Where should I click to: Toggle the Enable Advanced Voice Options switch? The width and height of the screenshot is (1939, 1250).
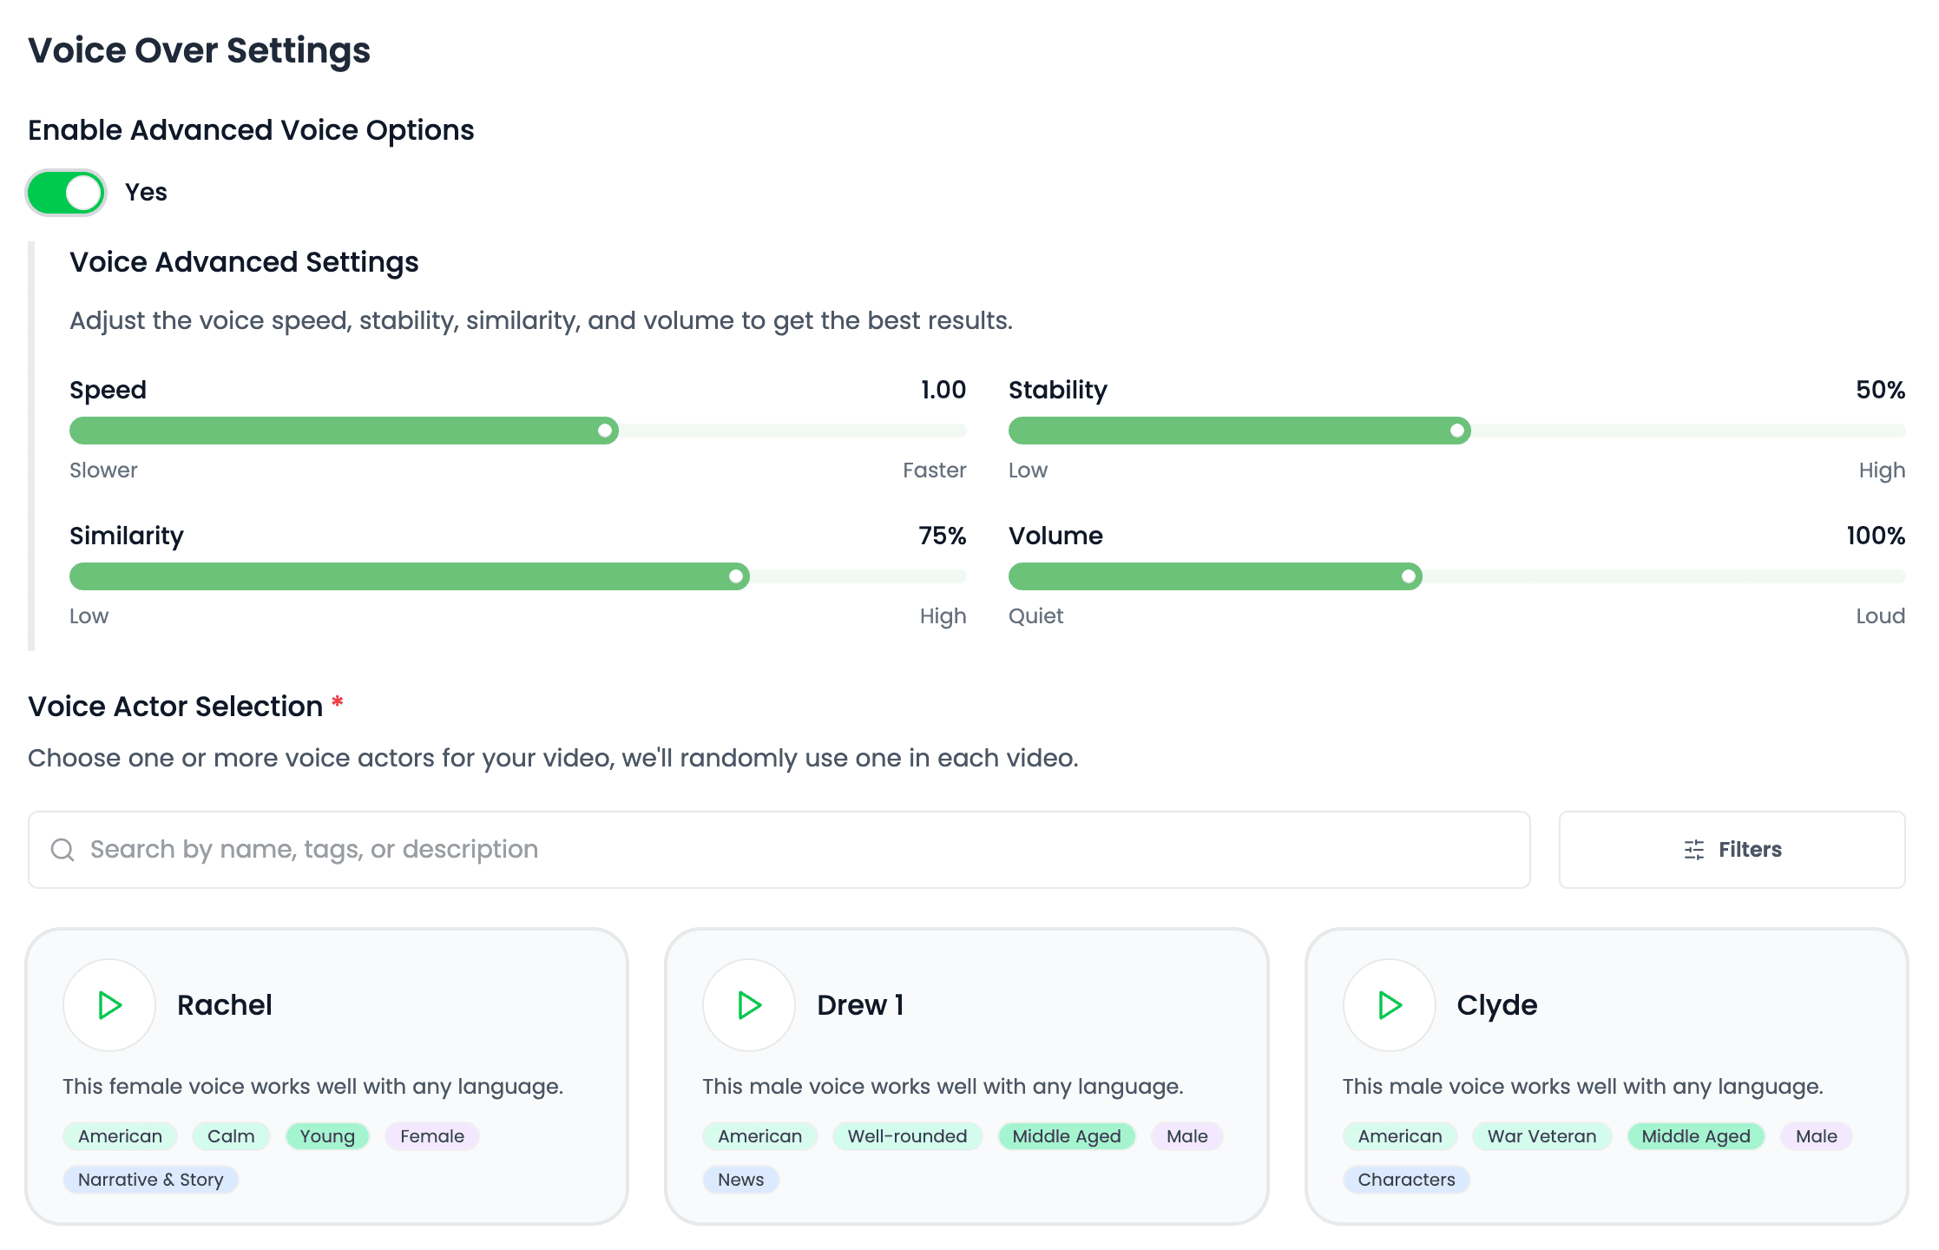(x=66, y=192)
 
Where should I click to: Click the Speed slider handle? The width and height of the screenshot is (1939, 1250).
(x=605, y=431)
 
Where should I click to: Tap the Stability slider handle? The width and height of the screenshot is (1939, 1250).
(x=1457, y=431)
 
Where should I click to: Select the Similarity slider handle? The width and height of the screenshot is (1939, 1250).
(x=736, y=576)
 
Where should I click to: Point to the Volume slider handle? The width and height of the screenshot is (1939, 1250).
(x=1409, y=576)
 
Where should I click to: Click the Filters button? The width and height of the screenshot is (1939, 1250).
(x=1732, y=850)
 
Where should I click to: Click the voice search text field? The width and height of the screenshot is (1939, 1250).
(x=779, y=850)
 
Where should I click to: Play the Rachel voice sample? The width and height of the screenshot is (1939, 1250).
(x=109, y=1005)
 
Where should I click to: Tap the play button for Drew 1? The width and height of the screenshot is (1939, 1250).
(x=749, y=1005)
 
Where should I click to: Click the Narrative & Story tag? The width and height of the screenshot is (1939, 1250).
(x=151, y=1180)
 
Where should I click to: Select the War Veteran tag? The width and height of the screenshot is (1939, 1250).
(x=1541, y=1136)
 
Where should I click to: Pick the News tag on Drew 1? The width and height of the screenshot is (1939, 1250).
(x=740, y=1180)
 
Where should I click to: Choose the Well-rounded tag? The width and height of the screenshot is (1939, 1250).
(x=907, y=1136)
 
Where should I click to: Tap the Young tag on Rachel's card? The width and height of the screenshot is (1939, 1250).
(x=327, y=1136)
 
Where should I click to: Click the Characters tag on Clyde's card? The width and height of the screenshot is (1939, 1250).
(x=1406, y=1180)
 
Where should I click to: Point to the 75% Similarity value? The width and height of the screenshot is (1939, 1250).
(x=943, y=536)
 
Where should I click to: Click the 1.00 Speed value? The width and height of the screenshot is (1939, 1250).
(x=943, y=390)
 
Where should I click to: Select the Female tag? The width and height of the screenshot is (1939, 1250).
(x=432, y=1136)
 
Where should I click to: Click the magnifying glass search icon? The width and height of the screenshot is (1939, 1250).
(x=62, y=850)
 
